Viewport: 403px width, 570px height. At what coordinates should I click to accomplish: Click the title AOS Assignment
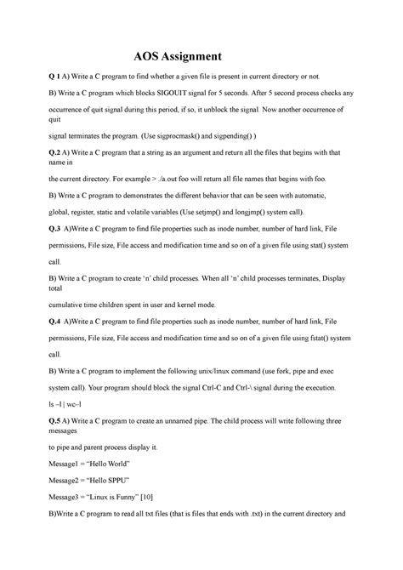click(177, 57)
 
